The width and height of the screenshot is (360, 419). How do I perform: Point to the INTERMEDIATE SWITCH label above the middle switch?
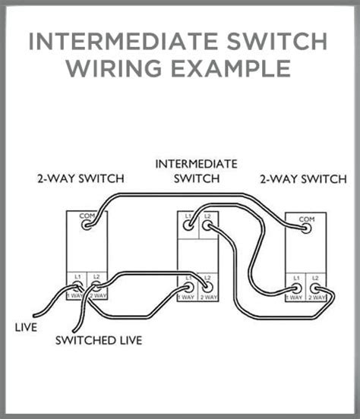196,171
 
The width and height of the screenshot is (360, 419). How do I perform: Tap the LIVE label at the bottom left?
26,328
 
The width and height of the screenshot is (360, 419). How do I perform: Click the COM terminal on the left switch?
86,225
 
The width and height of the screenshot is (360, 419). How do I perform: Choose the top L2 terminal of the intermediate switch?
207,225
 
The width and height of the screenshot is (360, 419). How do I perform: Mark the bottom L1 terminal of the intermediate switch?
188,288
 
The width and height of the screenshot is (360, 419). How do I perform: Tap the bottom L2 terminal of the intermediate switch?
207,288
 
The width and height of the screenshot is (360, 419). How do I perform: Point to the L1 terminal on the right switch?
296,289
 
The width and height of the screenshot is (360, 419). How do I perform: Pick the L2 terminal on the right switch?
315,289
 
